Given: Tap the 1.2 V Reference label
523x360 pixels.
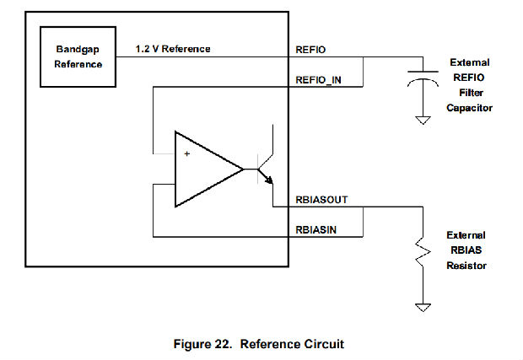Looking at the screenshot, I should (174, 49).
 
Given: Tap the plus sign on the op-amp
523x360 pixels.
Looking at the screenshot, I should (186, 153).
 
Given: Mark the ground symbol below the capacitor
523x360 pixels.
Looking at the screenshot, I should (422, 121).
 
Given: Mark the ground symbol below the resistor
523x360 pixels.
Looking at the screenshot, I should (421, 308).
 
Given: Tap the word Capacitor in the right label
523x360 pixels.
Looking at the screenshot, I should (471, 108).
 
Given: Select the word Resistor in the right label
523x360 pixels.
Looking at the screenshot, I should (466, 266).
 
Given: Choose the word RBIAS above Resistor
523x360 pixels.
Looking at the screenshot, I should (466, 250).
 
